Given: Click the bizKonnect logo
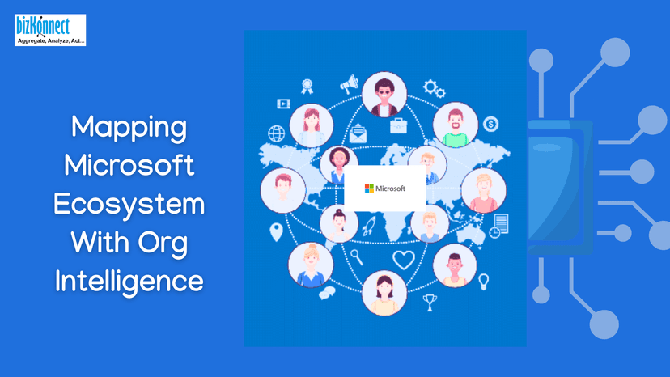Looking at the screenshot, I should pos(49,30).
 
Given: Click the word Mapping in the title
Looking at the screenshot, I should pos(129,127).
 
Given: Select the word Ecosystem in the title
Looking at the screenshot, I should pos(129,204).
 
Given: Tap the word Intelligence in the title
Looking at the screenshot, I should pos(129,281).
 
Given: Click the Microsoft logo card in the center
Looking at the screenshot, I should pos(385,188).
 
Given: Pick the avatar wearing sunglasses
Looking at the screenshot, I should pos(384,95).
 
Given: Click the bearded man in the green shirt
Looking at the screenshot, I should pos(455,125).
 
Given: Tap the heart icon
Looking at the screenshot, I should pos(403,260).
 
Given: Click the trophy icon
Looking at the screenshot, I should pos(430,302).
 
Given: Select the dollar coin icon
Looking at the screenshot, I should pos(490,125).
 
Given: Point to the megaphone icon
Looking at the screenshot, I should pos(350,84).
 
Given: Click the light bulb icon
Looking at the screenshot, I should pos(484,282).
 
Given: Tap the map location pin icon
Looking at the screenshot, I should pos(276,231).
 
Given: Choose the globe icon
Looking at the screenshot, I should pos(277,133).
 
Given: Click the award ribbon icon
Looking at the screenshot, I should pos(307,85).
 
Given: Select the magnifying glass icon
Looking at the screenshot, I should pos(356,257).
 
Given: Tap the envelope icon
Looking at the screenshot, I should pos(358,135).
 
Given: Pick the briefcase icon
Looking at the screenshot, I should pos(399,125).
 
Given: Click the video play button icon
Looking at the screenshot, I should pos(284,104).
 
